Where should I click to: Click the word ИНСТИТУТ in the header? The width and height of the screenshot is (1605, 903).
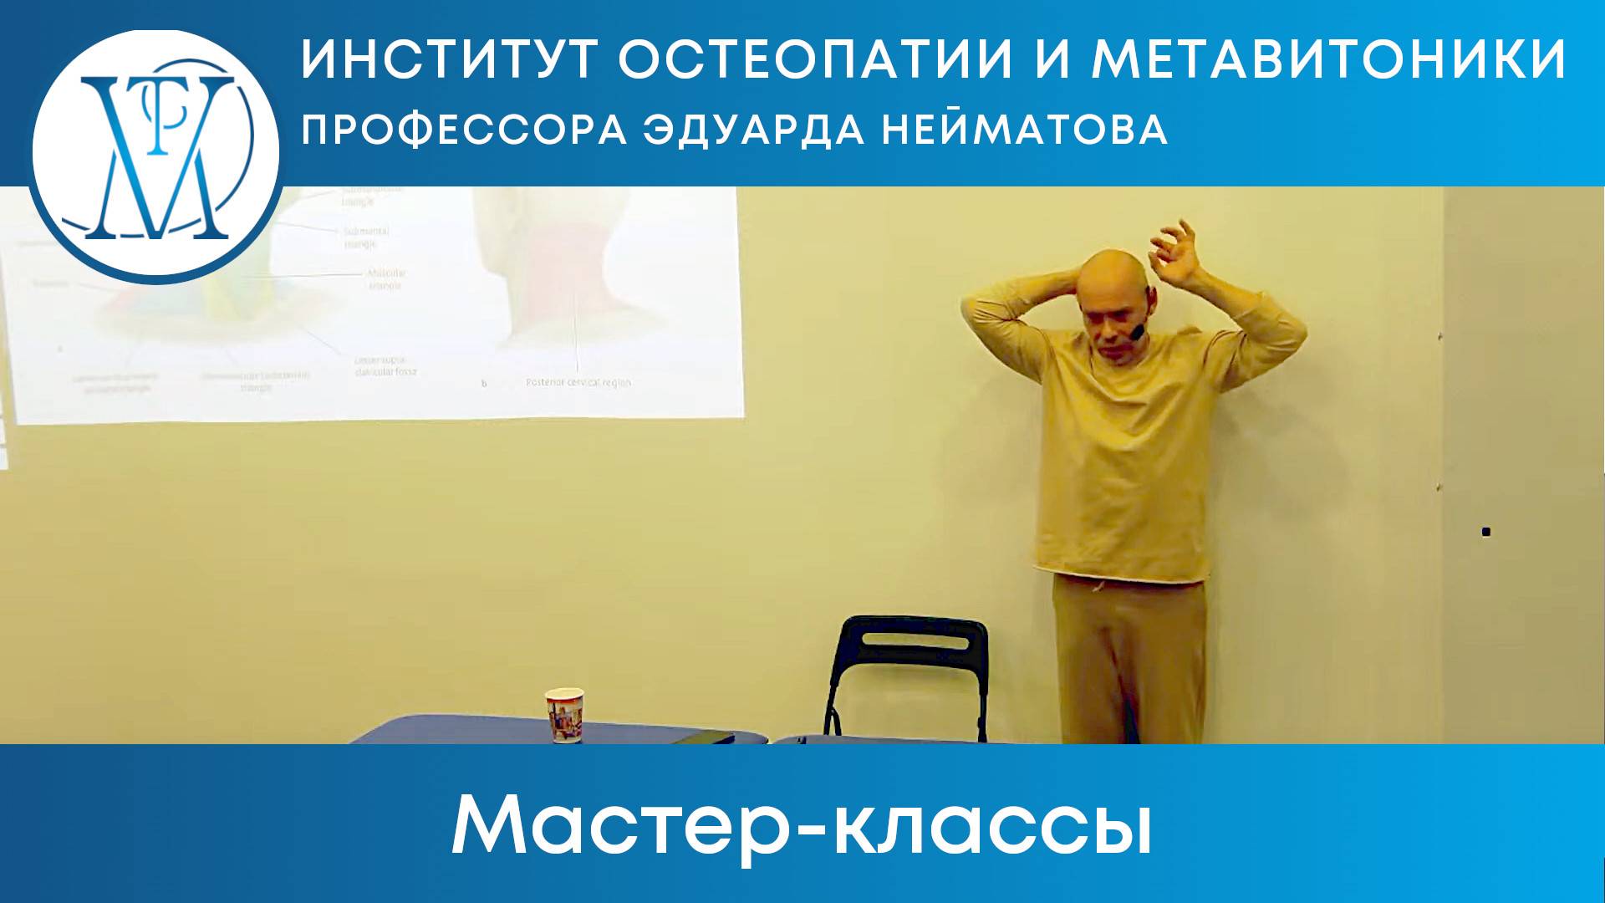[450, 60]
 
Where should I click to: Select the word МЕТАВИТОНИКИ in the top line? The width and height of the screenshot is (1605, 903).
[1328, 60]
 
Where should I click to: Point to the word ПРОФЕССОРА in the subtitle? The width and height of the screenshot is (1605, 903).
[464, 130]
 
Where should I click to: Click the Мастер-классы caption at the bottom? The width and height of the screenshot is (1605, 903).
[802, 825]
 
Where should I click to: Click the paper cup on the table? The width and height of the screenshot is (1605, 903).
[564, 715]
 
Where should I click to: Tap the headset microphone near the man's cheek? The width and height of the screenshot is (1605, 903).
[1135, 332]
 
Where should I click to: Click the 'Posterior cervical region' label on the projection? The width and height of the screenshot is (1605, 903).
[578, 382]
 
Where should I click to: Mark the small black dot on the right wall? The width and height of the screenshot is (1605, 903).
[1485, 531]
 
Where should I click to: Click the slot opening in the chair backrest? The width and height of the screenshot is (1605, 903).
[915, 643]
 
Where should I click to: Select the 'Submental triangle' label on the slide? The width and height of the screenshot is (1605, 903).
[366, 237]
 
